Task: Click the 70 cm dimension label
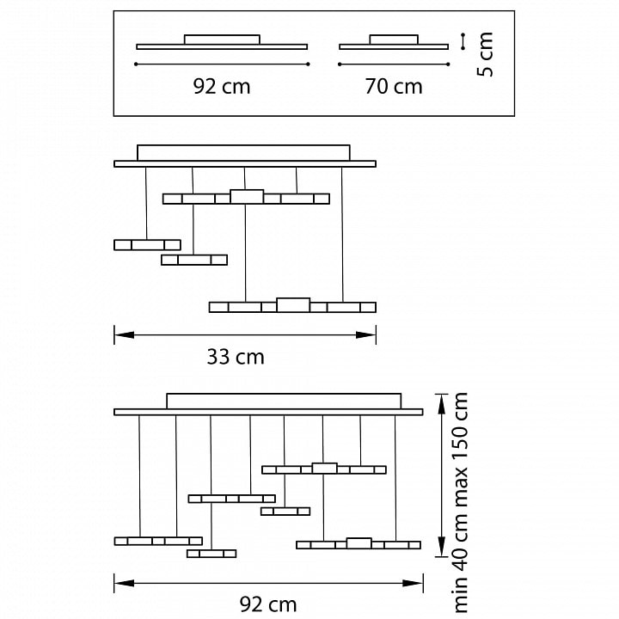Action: click(x=394, y=87)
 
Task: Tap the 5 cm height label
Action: click(x=485, y=54)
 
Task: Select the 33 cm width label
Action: click(x=236, y=357)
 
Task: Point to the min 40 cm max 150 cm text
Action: click(x=459, y=503)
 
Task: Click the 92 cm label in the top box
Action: click(x=222, y=87)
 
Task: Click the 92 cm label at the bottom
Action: click(x=268, y=604)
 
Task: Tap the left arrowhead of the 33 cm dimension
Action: click(x=124, y=335)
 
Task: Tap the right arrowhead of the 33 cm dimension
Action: click(x=366, y=335)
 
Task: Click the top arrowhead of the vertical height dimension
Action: click(x=442, y=404)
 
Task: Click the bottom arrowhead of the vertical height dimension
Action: click(x=442, y=547)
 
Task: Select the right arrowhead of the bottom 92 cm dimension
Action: click(x=413, y=583)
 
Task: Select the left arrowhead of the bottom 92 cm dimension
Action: click(x=125, y=583)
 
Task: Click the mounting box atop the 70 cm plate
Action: click(x=394, y=40)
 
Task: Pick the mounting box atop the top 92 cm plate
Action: click(x=222, y=40)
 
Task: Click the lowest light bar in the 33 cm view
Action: click(x=292, y=305)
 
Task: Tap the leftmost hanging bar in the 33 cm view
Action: click(x=147, y=245)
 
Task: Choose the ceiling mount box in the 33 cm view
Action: click(x=243, y=153)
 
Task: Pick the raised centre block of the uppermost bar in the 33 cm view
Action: click(x=247, y=197)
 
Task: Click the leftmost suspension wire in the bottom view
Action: click(x=139, y=476)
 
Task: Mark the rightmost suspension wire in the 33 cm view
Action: click(x=342, y=235)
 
